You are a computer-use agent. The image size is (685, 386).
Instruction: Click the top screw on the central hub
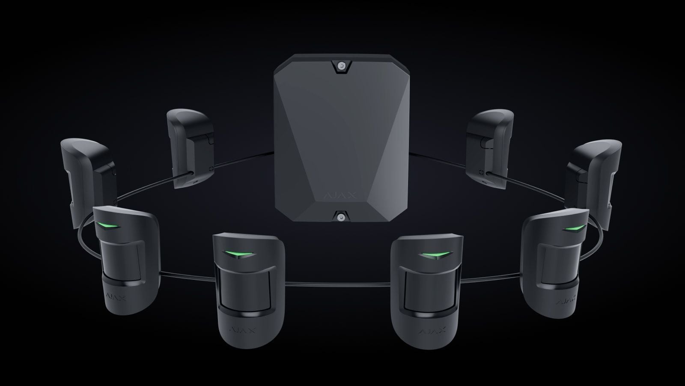(340, 66)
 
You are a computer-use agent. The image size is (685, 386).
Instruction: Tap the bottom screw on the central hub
(340, 217)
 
